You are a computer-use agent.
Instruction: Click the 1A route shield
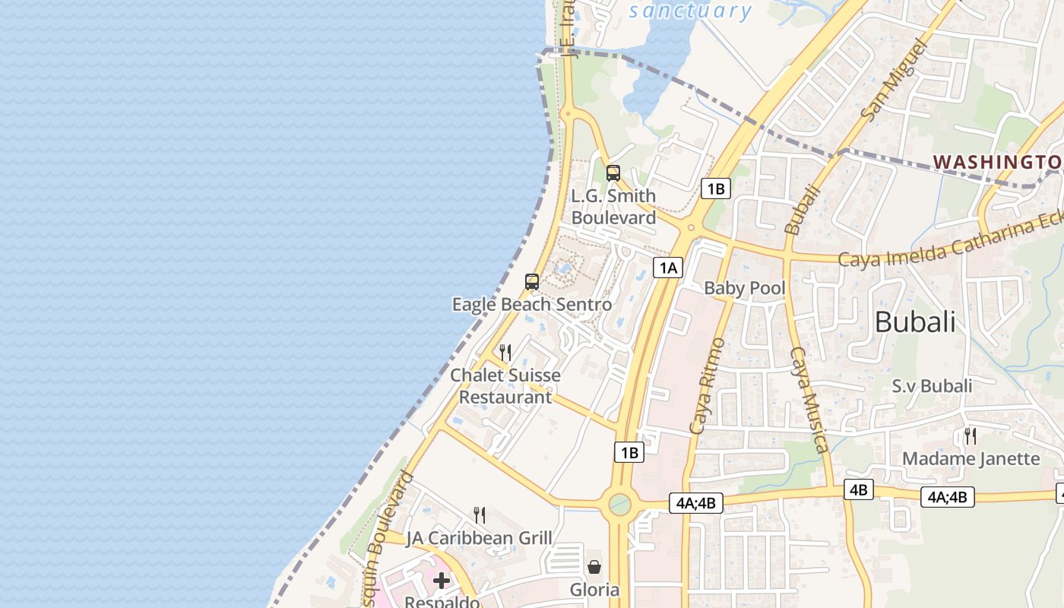click(x=667, y=268)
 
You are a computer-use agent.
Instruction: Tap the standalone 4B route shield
click(x=858, y=489)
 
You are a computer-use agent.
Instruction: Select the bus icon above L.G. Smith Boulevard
click(x=613, y=173)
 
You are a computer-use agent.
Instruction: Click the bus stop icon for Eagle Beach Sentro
click(x=532, y=282)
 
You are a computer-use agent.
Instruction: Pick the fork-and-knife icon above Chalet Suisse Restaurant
click(x=505, y=352)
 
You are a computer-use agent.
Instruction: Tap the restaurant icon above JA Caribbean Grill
click(x=480, y=515)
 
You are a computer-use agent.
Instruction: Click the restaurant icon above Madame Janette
click(x=971, y=435)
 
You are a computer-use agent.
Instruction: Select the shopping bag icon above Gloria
click(x=594, y=567)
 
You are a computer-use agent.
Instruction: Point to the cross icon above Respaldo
click(x=442, y=581)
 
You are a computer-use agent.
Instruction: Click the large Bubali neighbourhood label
click(x=915, y=321)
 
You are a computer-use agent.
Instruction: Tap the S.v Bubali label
click(x=932, y=386)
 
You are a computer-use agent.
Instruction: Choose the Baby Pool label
click(x=745, y=288)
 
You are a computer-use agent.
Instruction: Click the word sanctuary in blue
click(x=690, y=11)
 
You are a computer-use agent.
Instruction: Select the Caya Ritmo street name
click(x=705, y=387)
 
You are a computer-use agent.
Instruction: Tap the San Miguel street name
click(x=895, y=81)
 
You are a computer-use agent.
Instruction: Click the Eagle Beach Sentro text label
click(x=532, y=305)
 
